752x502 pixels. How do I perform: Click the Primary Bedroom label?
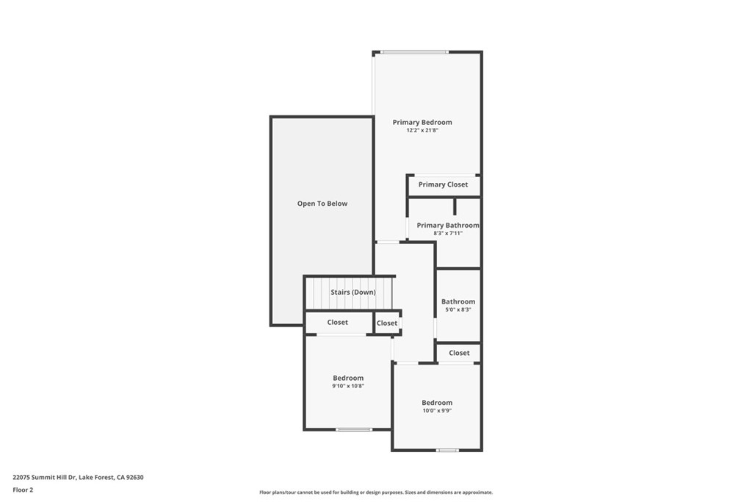422,123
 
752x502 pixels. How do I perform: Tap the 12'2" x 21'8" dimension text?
422,130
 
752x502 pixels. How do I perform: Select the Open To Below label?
322,204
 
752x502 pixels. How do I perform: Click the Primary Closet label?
443,184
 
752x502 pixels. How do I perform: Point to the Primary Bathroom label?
448,225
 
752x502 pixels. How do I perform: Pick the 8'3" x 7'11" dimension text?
448,233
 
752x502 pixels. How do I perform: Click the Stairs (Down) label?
353,293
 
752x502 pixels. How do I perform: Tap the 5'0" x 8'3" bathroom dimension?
458,309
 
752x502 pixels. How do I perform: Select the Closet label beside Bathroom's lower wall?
459,353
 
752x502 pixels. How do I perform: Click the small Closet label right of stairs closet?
387,323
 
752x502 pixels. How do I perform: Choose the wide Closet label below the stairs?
338,322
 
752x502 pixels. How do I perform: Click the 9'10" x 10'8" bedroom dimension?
348,386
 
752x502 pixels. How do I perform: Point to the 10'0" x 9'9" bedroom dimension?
437,410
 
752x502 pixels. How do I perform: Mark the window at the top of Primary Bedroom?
415,52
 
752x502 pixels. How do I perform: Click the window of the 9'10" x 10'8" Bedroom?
354,429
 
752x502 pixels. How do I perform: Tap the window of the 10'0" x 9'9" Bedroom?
447,450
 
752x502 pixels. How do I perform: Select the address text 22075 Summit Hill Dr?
44,478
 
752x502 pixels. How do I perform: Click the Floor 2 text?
23,490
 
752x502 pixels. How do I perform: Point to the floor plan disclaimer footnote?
376,492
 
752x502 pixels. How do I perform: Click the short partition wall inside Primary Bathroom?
455,206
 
